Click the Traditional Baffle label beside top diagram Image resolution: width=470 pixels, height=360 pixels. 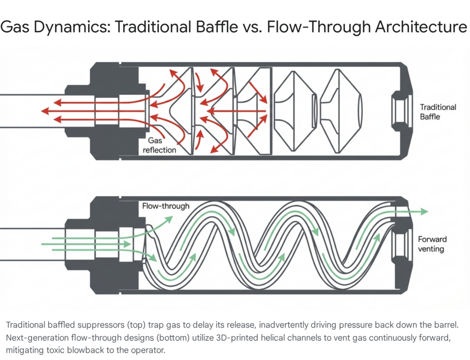click(x=438, y=112)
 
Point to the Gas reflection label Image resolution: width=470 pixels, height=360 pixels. click(x=162, y=146)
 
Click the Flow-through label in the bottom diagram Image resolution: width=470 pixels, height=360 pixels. click(x=166, y=206)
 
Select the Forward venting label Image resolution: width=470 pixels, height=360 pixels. click(x=432, y=244)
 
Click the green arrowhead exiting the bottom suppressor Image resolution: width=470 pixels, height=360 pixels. click(x=424, y=211)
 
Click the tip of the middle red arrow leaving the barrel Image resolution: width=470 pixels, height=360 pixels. click(x=42, y=111)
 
